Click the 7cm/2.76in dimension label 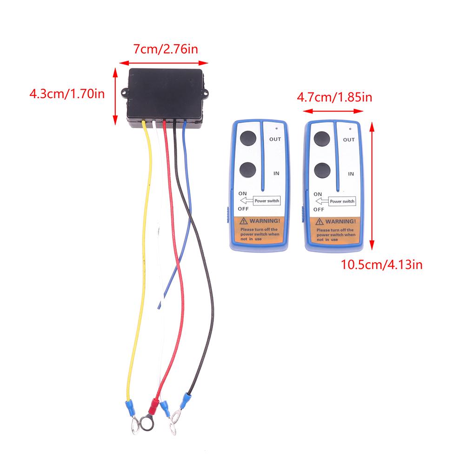point(165,49)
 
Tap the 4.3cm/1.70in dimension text point(67,93)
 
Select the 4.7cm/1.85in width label point(334,97)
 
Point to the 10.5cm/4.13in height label point(381,265)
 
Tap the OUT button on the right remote point(321,139)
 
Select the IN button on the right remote point(321,170)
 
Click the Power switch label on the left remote point(267,201)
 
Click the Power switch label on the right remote point(342,201)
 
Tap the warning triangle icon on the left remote point(244,221)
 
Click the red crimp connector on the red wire point(153,406)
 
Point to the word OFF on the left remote point(243,209)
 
